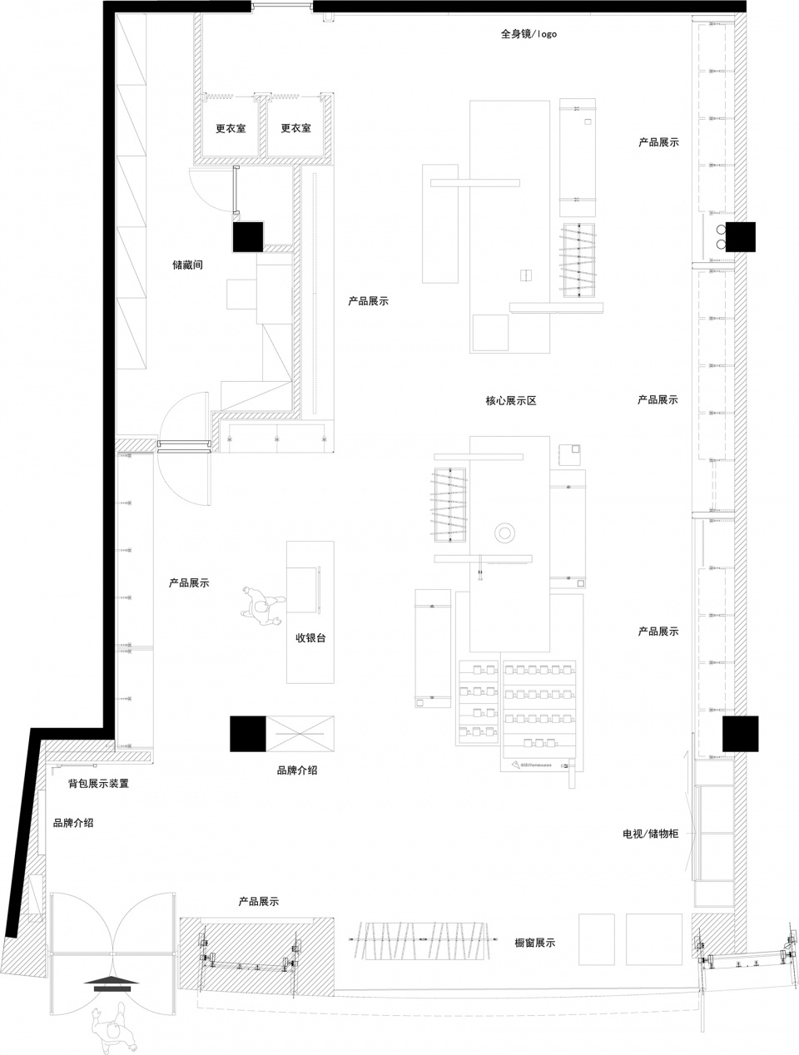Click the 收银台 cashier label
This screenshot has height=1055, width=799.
[310, 638]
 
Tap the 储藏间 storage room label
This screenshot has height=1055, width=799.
[187, 265]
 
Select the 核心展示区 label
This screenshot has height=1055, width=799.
[510, 400]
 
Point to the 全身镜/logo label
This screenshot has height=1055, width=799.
[529, 33]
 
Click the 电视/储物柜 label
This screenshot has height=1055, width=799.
[651, 834]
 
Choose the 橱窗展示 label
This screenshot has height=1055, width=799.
[534, 943]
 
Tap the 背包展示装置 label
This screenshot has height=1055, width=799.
[98, 784]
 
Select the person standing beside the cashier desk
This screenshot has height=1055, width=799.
[261, 607]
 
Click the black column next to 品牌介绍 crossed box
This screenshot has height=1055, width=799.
[247, 734]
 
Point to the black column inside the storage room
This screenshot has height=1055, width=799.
[248, 236]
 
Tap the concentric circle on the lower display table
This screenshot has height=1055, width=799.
[504, 532]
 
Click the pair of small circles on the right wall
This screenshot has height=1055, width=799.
[721, 236]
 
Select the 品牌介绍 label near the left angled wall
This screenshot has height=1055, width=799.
[73, 823]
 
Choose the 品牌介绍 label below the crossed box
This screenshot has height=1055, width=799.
[296, 770]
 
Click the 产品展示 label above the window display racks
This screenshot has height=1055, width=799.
[259, 902]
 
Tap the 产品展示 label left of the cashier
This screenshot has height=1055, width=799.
[189, 583]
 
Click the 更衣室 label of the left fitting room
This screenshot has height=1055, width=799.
[231, 128]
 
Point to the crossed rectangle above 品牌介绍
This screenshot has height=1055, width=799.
[300, 734]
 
